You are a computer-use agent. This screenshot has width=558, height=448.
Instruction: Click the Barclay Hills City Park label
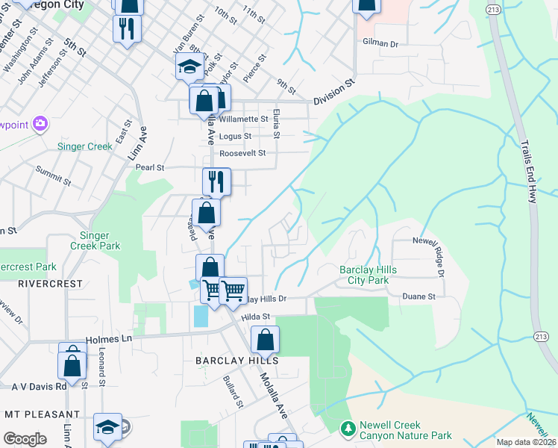tap(368, 275)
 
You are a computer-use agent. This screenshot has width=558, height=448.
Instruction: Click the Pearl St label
tap(150, 168)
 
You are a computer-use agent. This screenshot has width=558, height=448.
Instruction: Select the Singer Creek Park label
tap(95, 240)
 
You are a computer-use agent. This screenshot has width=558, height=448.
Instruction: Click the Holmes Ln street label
tap(109, 339)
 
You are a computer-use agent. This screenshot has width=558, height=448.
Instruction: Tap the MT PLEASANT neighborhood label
tap(42, 414)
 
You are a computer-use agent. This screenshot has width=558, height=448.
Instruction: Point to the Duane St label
tap(420, 296)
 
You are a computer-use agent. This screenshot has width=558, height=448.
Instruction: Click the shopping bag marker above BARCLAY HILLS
tap(265, 340)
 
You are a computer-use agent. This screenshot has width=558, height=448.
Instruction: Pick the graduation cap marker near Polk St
tap(189, 68)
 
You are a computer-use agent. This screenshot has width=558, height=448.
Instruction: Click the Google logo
tap(25, 439)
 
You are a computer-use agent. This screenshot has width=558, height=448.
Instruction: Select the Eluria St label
tap(276, 123)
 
